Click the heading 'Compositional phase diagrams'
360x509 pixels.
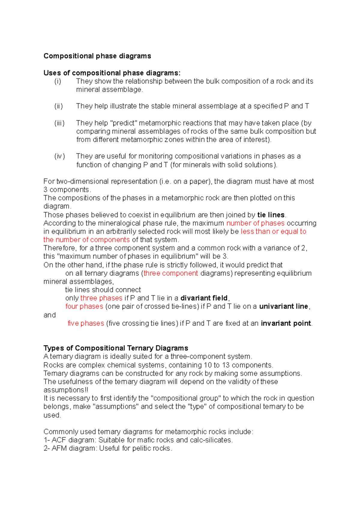pyautogui.click(x=97, y=56)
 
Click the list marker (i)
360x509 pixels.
pyautogui.click(x=58, y=81)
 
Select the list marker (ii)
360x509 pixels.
pyautogui.click(x=58, y=106)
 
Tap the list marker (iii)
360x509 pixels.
pyautogui.click(x=59, y=123)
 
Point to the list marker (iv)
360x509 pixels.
pyautogui.click(x=59, y=156)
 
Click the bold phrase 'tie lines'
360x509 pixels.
pyautogui.click(x=271, y=215)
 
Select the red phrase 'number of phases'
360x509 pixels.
pyautogui.click(x=255, y=223)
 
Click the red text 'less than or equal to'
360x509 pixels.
pyautogui.click(x=273, y=231)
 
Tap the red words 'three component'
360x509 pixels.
pyautogui.click(x=170, y=273)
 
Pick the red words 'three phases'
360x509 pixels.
pyautogui.click(x=101, y=298)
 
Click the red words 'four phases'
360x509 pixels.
pyautogui.click(x=84, y=306)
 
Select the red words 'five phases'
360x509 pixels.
pyautogui.click(x=86, y=323)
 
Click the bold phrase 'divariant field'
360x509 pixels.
pyautogui.click(x=204, y=298)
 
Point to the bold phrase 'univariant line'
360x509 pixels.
pyautogui.click(x=283, y=306)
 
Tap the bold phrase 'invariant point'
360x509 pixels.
pyautogui.click(x=286, y=323)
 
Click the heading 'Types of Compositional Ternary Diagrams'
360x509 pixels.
pyautogui.click(x=116, y=348)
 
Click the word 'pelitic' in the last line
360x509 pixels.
pyautogui.click(x=142, y=448)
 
